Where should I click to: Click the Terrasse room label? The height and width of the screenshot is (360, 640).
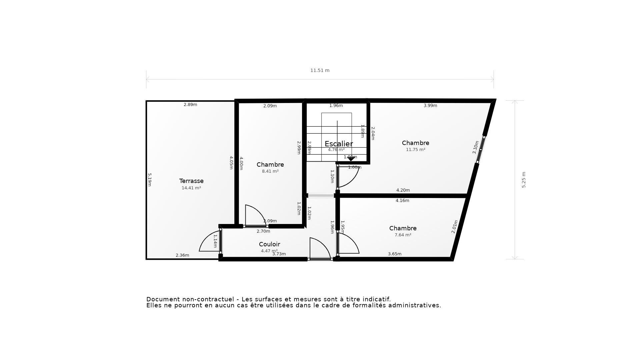tap(191, 181)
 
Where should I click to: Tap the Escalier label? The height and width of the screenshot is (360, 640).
tap(339, 144)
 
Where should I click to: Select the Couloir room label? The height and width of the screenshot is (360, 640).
tap(269, 244)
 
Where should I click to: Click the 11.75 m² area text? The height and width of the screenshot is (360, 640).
tap(415, 150)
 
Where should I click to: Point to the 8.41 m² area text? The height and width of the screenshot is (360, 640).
tap(270, 171)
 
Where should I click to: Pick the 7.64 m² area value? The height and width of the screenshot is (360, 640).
tap(403, 235)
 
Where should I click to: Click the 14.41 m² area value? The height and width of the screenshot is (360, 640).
tap(191, 188)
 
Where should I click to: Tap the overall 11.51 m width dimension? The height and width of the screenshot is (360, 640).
tap(320, 70)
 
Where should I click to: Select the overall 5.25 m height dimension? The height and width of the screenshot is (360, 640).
tap(524, 180)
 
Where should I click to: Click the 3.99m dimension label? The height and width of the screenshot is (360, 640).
tap(430, 106)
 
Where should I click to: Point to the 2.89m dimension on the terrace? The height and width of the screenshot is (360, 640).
tap(190, 105)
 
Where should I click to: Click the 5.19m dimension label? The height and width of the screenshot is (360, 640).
tap(150, 180)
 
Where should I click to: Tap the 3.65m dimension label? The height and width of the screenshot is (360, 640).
tap(395, 254)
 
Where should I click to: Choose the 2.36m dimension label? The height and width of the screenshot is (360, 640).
tap(182, 255)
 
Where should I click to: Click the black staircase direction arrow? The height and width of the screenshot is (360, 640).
tap(351, 159)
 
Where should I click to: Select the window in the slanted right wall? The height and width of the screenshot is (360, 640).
tap(480, 150)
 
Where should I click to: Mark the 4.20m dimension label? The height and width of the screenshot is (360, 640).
tap(403, 190)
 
